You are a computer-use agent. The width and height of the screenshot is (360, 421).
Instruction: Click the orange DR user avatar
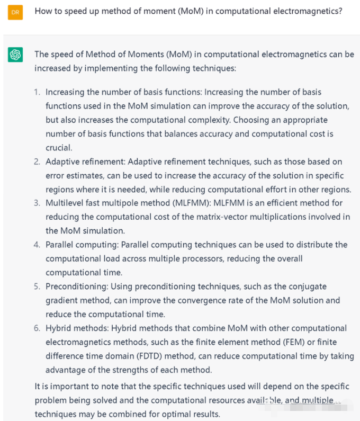coord(15,12)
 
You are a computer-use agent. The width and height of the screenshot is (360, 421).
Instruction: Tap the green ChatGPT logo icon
coord(15,55)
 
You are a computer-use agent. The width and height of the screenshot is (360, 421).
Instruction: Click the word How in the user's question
coord(44,11)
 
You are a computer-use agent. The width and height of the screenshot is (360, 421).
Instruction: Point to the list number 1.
coord(37,92)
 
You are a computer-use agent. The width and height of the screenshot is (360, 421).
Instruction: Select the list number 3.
coord(37,203)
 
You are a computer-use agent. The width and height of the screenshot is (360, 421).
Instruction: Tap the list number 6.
coord(37,328)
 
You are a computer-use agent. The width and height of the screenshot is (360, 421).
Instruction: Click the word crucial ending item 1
coord(59,148)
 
